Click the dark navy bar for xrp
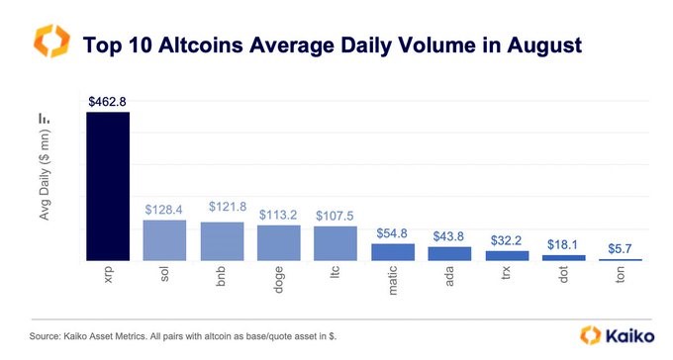coord(107,186)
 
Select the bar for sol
coord(164,240)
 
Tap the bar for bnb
coord(222,241)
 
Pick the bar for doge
coord(278,242)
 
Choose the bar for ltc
coord(336,243)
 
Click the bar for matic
coord(393,252)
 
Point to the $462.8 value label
coord(107,100)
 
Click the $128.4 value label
coord(164,209)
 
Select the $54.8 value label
coord(393,232)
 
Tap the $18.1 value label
coord(564,243)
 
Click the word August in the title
coord(536,45)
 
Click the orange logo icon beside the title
coord(51,43)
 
